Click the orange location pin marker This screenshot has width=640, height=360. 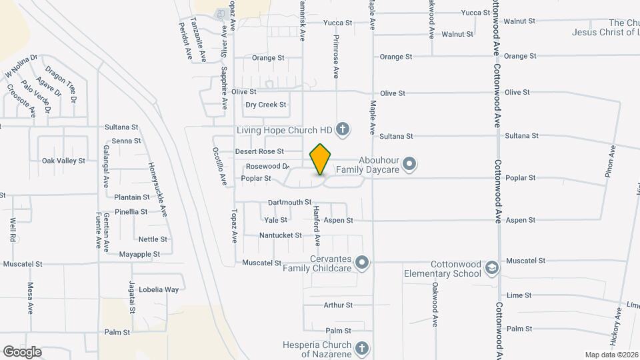pyautogui.click(x=321, y=159)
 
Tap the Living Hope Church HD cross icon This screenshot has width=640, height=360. pyautogui.click(x=343, y=129)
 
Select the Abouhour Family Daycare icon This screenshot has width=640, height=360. pyautogui.click(x=409, y=163)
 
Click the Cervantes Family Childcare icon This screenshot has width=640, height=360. pyautogui.click(x=362, y=263)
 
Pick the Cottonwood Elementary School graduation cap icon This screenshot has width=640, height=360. pyautogui.click(x=492, y=268)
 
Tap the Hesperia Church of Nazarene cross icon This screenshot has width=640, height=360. pyautogui.click(x=361, y=349)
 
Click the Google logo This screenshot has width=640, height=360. pyautogui.click(x=22, y=351)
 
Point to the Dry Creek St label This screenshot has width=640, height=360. pyautogui.click(x=265, y=105)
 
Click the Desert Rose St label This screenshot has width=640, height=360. pyautogui.click(x=259, y=151)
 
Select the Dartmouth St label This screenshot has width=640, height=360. pyautogui.click(x=289, y=202)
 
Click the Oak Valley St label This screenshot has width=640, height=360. pyautogui.click(x=63, y=161)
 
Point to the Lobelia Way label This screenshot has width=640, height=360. pyautogui.click(x=163, y=289)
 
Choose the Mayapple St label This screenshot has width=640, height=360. pyautogui.click(x=139, y=254)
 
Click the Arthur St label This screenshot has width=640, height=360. pyautogui.click(x=337, y=305)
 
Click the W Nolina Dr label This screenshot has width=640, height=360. pyautogui.click(x=21, y=65)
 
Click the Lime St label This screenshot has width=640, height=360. pyautogui.click(x=519, y=295)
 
